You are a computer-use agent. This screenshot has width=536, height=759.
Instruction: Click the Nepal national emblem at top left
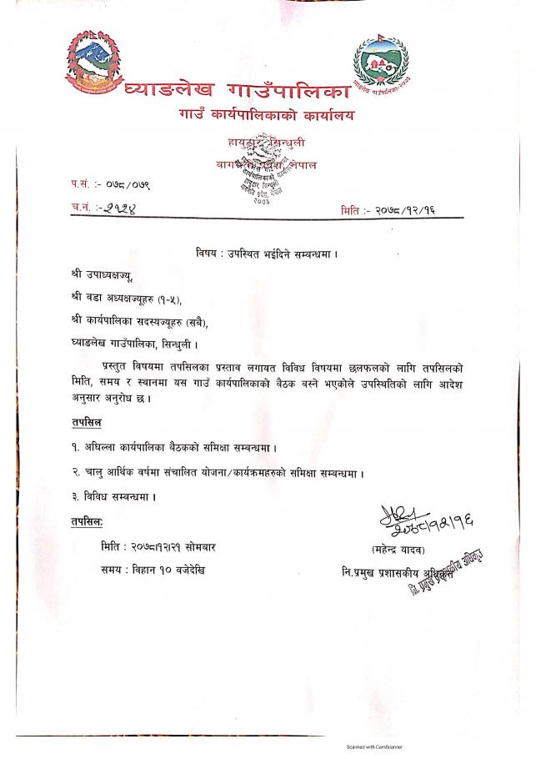pyautogui.click(x=92, y=62)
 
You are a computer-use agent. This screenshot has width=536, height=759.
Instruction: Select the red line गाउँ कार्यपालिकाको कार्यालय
pyautogui.click(x=264, y=114)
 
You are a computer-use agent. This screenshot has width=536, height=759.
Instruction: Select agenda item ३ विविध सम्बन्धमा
pyautogui.click(x=114, y=496)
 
